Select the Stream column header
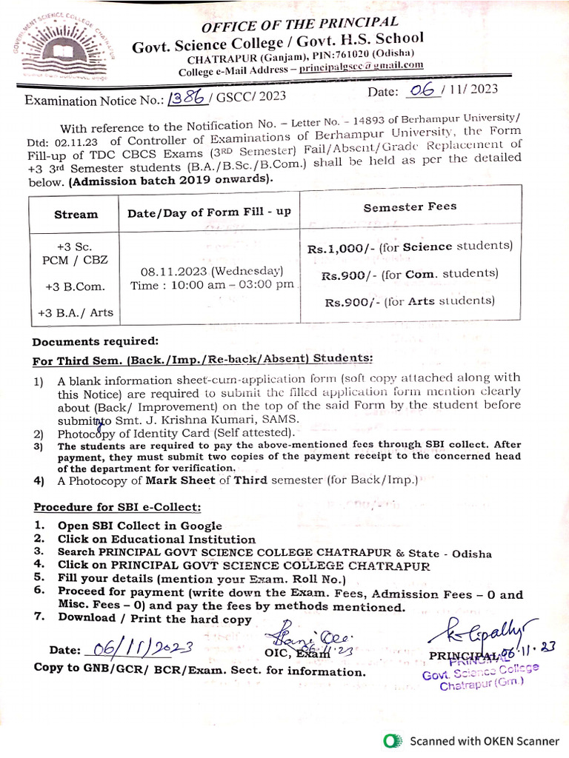pos(76,215)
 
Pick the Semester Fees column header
pos(410,208)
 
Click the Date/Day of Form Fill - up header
pos(209,212)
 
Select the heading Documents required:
pos(95,341)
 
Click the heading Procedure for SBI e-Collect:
pos(117,507)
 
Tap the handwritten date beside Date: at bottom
pos(139,649)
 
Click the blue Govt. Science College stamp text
pos(481,672)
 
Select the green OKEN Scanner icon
pos(393,739)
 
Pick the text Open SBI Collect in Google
pos(130,526)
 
